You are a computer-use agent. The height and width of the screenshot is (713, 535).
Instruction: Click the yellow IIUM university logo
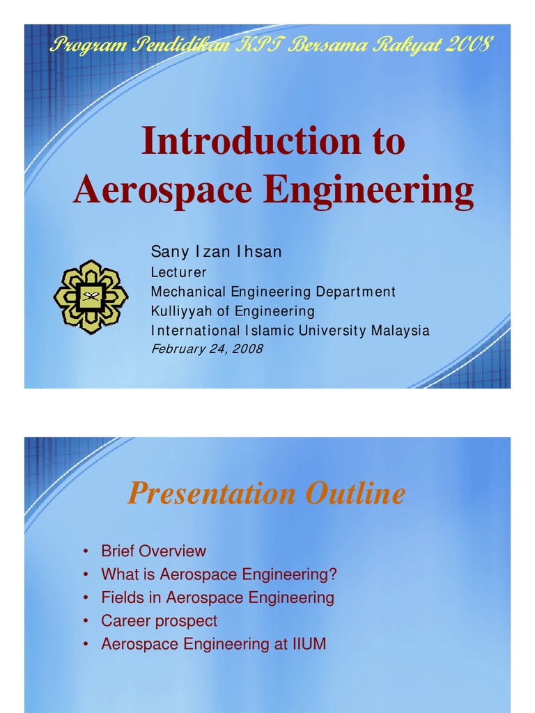pyautogui.click(x=91, y=297)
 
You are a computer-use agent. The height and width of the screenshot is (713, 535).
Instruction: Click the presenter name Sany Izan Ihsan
pyautogui.click(x=216, y=252)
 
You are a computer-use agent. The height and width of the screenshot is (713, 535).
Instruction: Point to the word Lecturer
pyautogui.click(x=178, y=272)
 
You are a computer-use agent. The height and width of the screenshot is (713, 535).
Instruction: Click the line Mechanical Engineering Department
pyautogui.click(x=273, y=292)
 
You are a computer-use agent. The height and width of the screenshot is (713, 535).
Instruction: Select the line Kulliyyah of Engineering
pyautogui.click(x=233, y=311)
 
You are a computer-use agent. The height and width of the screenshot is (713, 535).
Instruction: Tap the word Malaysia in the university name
pyautogui.click(x=400, y=331)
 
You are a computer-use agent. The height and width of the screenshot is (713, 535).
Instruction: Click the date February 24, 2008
pyautogui.click(x=207, y=349)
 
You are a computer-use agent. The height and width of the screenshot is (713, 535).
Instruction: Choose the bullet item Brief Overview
pyautogui.click(x=153, y=551)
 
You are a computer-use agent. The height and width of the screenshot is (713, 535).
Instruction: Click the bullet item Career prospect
pyautogui.click(x=159, y=621)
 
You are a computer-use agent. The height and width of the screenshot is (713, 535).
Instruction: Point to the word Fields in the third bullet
pyautogui.click(x=119, y=597)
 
